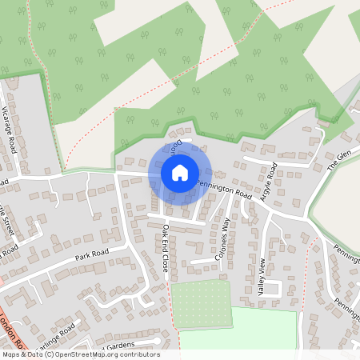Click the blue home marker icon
180,172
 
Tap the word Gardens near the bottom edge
121,346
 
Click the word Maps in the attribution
11,354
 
